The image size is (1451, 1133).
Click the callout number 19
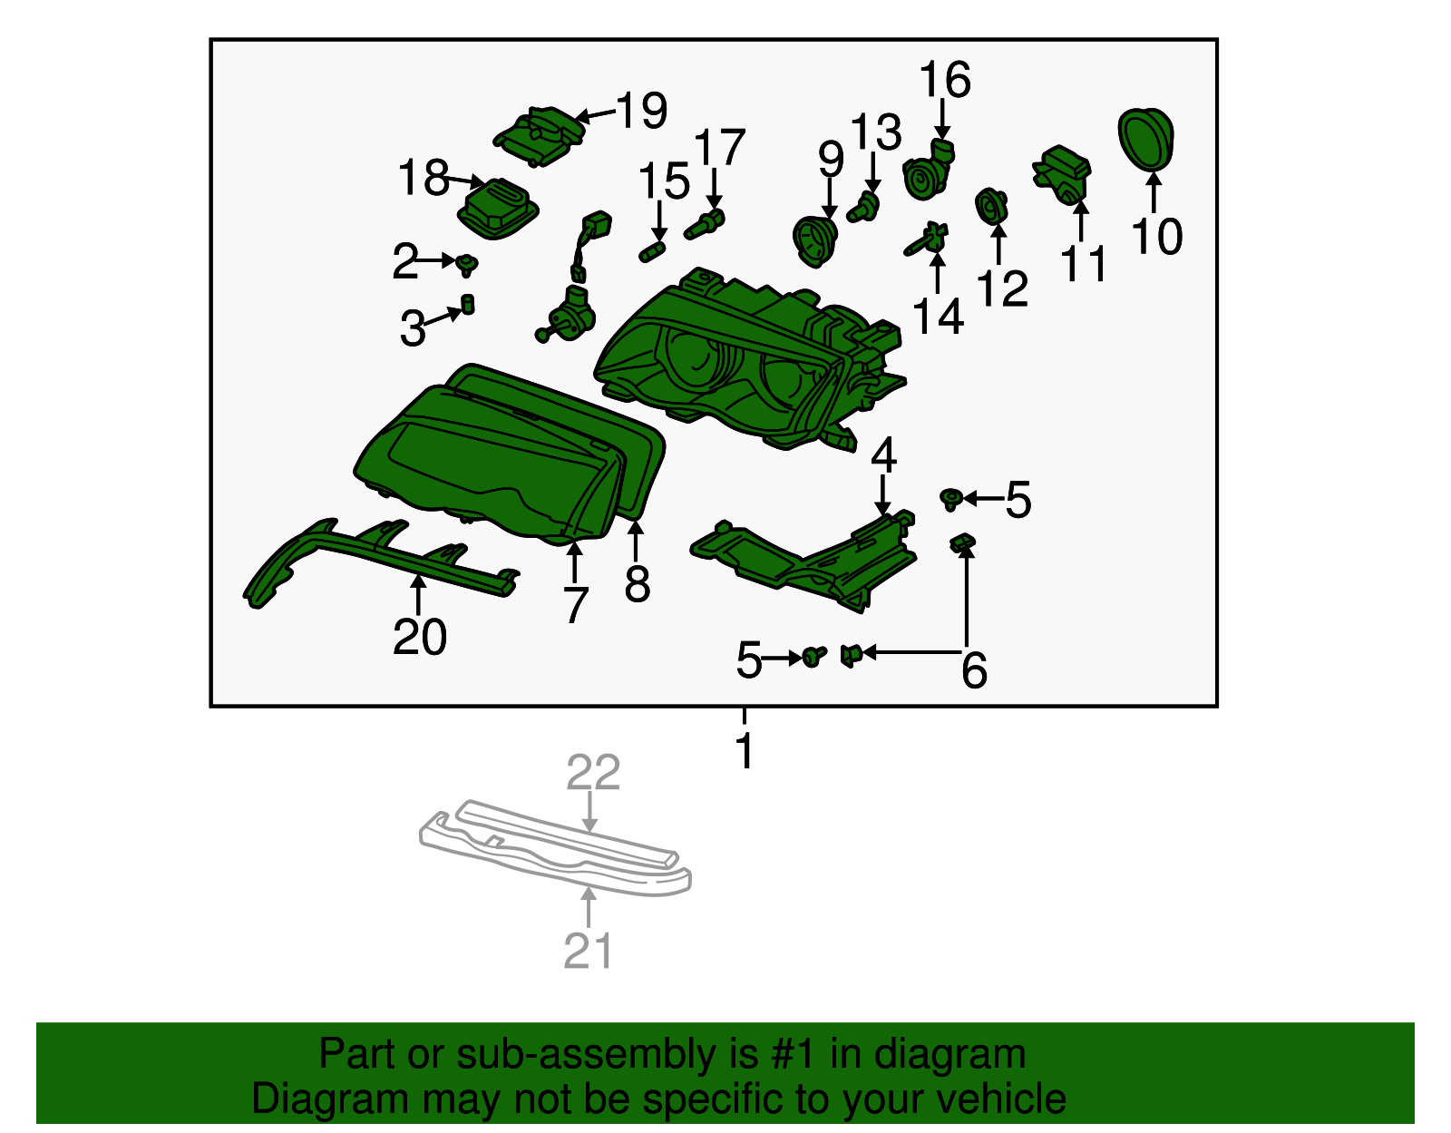641,111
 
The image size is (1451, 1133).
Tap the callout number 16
945,80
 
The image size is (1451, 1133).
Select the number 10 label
1156,237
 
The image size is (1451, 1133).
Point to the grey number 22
593,773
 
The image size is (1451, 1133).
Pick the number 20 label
419,637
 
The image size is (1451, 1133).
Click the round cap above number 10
1145,140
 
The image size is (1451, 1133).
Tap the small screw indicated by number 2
467,264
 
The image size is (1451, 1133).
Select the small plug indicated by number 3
468,304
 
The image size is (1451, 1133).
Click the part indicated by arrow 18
498,209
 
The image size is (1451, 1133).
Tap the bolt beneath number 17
705,225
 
